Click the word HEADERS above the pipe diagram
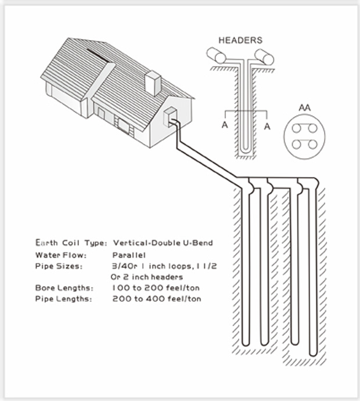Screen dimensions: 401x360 click(240, 41)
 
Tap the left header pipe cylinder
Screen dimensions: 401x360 click(217, 56)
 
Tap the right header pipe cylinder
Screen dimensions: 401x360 click(264, 56)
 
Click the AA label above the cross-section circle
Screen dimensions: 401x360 click(303, 108)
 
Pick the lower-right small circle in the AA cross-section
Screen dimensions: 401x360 click(311, 143)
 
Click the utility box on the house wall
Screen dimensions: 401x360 click(171, 115)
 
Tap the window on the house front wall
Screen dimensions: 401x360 click(123, 123)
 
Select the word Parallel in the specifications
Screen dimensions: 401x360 click(129, 255)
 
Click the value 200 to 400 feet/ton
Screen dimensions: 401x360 click(157, 298)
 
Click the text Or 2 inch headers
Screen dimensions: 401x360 click(147, 277)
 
